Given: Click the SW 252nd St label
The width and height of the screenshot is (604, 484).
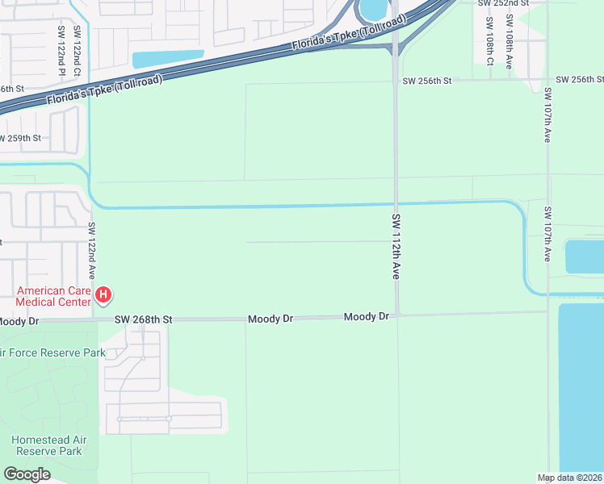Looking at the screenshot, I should pyautogui.click(x=502, y=4).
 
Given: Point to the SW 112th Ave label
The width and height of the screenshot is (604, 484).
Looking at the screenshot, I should pyautogui.click(x=396, y=247).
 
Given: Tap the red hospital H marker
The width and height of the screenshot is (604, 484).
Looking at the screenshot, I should pyautogui.click(x=103, y=295).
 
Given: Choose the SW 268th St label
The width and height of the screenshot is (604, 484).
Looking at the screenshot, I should pyautogui.click(x=143, y=320).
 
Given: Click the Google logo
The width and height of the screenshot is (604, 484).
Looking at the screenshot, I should pyautogui.click(x=27, y=474).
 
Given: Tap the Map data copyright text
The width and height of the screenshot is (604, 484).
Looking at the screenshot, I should pyautogui.click(x=569, y=478).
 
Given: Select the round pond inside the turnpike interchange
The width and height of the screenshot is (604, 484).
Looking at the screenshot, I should pyautogui.click(x=373, y=9).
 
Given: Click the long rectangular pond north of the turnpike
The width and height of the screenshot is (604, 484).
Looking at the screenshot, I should pyautogui.click(x=167, y=59).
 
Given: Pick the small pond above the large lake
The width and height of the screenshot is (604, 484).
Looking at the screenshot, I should pyautogui.click(x=584, y=257).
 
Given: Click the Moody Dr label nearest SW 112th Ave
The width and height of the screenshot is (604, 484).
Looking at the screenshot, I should pyautogui.click(x=367, y=317).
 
